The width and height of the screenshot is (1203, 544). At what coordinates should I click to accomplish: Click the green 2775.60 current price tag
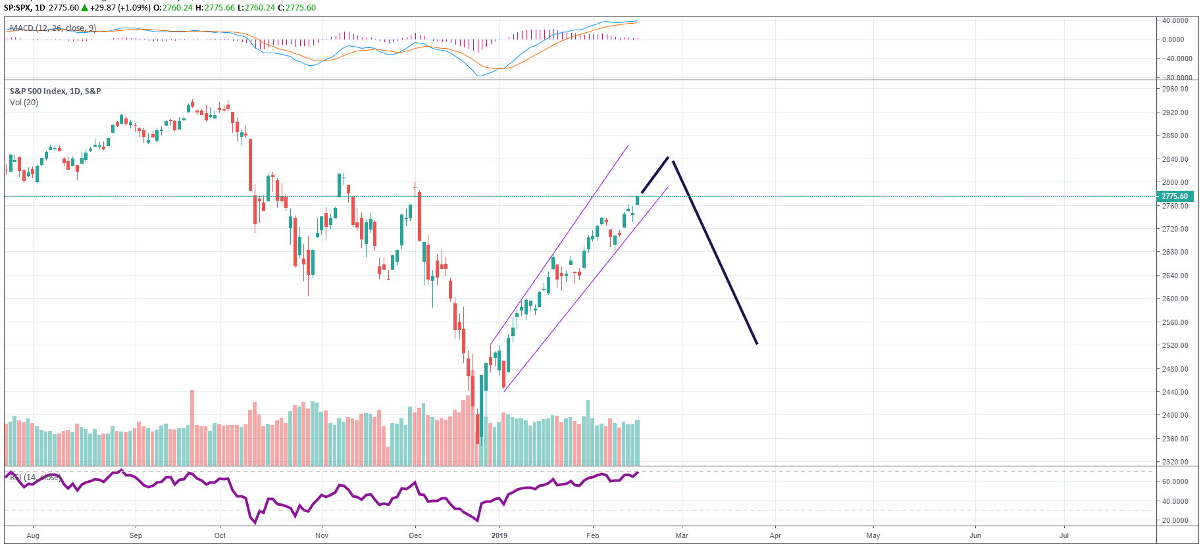click(x=1175, y=196)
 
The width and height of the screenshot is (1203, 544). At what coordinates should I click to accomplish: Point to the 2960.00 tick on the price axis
click(x=1175, y=89)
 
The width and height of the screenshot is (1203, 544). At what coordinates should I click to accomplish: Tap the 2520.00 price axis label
click(x=1175, y=345)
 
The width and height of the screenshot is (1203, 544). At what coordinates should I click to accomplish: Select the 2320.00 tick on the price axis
click(x=1175, y=462)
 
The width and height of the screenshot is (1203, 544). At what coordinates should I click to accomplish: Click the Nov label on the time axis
click(x=322, y=535)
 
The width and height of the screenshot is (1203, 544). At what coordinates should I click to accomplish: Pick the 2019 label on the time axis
click(x=499, y=535)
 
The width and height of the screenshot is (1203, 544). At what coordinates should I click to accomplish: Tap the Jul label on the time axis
click(x=1064, y=535)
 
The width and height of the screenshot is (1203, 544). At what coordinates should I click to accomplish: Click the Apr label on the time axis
click(x=775, y=535)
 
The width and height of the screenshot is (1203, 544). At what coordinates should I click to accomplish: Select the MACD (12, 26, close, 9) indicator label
click(x=53, y=28)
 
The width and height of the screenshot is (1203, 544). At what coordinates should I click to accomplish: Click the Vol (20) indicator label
click(x=24, y=103)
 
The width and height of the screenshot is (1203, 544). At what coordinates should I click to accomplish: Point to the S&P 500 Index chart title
click(x=55, y=91)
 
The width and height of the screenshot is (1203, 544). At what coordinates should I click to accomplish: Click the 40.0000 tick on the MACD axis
click(x=1175, y=20)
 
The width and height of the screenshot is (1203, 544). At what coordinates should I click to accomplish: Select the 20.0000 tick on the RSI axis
click(x=1175, y=520)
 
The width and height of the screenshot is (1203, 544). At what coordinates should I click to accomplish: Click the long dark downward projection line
click(x=715, y=253)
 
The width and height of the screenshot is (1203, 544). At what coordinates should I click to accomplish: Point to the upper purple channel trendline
click(x=559, y=243)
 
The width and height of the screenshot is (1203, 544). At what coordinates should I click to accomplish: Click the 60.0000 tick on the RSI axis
click(x=1175, y=482)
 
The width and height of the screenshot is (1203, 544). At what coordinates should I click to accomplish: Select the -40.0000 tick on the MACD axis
click(x=1176, y=59)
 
